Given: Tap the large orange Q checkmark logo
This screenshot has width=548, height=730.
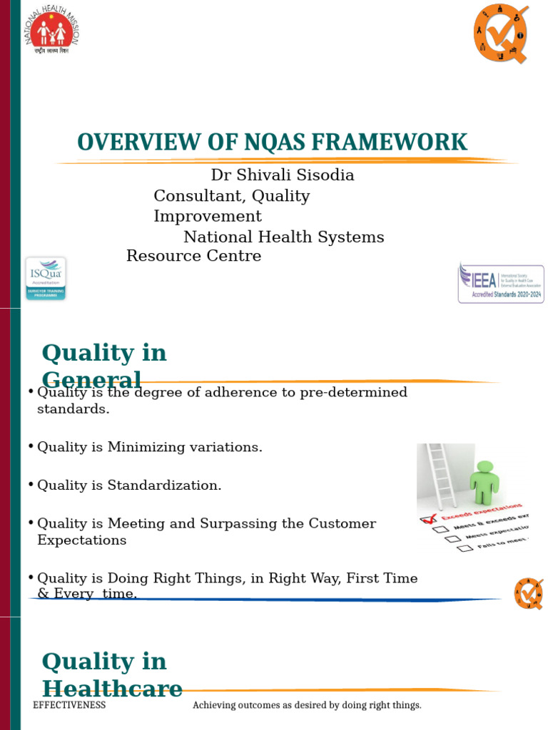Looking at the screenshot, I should (501, 32).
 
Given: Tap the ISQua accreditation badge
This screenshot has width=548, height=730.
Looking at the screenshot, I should (46, 278).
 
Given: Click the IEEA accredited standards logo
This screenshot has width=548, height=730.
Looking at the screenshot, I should (501, 283).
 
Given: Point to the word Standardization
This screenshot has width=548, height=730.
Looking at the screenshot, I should (164, 485).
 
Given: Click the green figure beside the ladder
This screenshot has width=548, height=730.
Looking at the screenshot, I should (484, 482).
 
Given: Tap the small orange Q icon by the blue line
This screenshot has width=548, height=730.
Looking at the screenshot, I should (529, 593).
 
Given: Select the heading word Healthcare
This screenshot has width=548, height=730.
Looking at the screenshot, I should (112, 689).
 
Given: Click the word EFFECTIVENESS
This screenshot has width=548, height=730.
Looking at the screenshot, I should (69, 705).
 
